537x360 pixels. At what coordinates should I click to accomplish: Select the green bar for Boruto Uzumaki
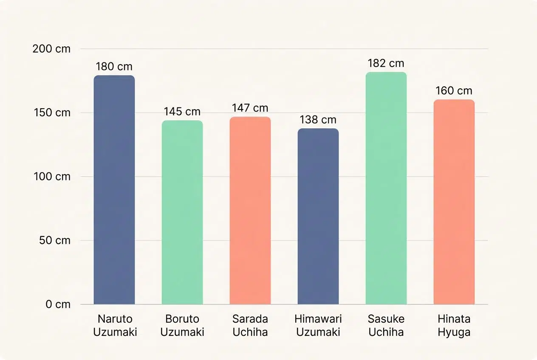coord(182,212)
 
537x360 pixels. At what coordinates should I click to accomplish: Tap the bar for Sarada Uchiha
coord(250,211)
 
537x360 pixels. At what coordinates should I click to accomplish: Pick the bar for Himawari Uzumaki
coord(318,217)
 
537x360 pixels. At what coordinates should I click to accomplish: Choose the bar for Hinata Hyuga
coord(454,202)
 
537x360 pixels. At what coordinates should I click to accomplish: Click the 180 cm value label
coord(114,67)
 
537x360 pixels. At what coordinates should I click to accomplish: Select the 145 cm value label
coord(182,112)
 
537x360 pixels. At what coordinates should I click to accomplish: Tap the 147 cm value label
coord(250,108)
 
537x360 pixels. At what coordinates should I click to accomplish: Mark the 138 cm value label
coord(318,120)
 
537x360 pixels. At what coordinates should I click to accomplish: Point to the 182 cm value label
coord(386,63)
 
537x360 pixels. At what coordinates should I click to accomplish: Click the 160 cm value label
coord(454,90)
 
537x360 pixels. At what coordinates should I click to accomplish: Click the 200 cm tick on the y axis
coord(51,49)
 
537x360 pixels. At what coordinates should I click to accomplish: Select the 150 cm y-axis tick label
coord(51,112)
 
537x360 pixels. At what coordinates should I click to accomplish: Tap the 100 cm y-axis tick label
coord(51,177)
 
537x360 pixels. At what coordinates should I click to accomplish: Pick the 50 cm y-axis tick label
coord(54,240)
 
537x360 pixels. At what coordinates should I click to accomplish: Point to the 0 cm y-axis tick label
coord(58,304)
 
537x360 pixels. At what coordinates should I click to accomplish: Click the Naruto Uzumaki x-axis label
coord(115,325)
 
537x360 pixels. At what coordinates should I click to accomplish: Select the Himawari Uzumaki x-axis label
coord(318,325)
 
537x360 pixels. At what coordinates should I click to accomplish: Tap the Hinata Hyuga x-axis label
coord(454,325)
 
